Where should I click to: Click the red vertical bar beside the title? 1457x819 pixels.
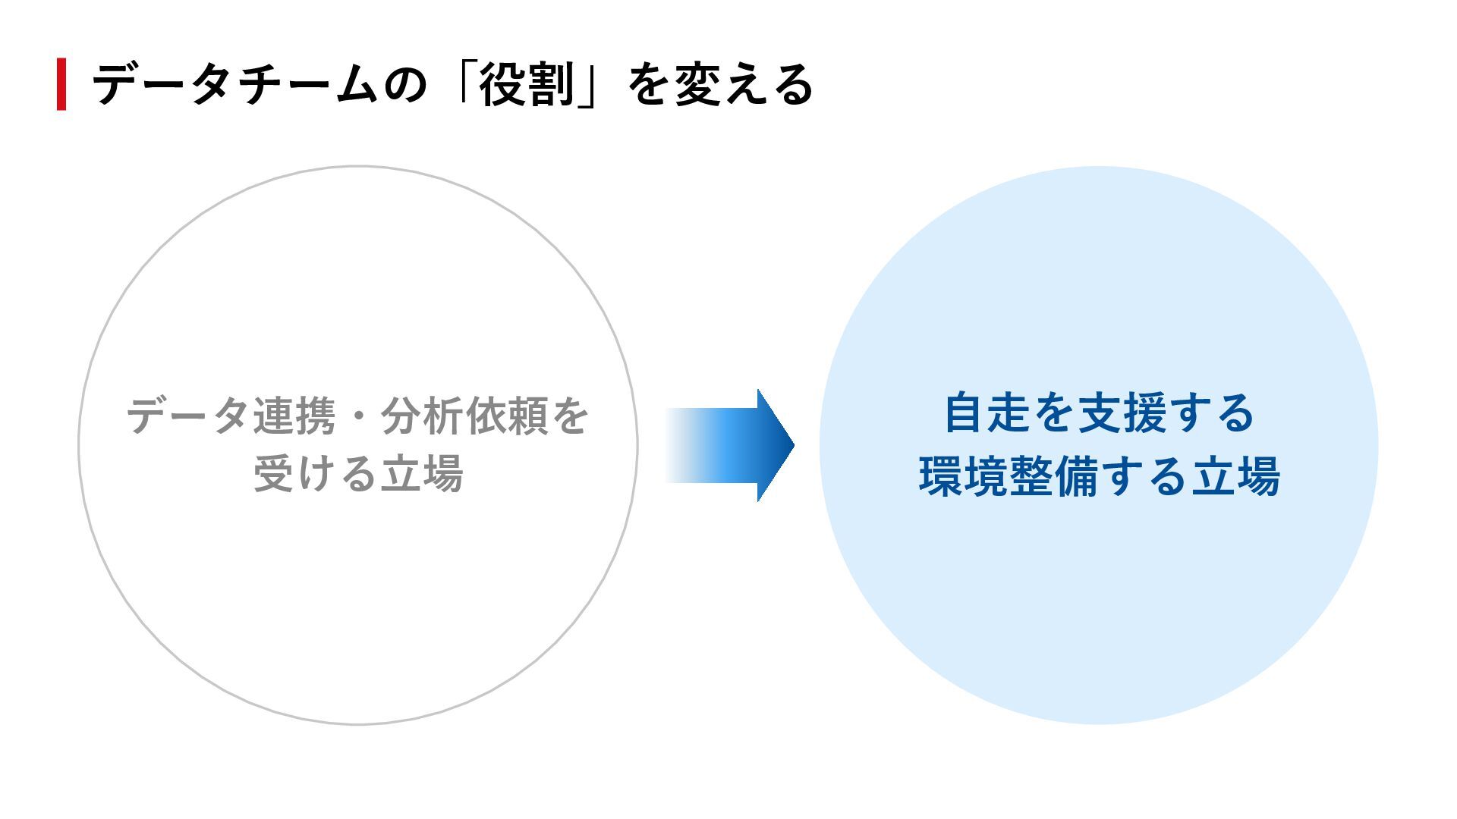tap(61, 83)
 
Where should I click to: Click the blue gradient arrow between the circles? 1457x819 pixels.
tap(728, 445)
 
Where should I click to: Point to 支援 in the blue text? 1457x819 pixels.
tap(1121, 413)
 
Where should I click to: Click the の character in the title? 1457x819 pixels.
tap(406, 83)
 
